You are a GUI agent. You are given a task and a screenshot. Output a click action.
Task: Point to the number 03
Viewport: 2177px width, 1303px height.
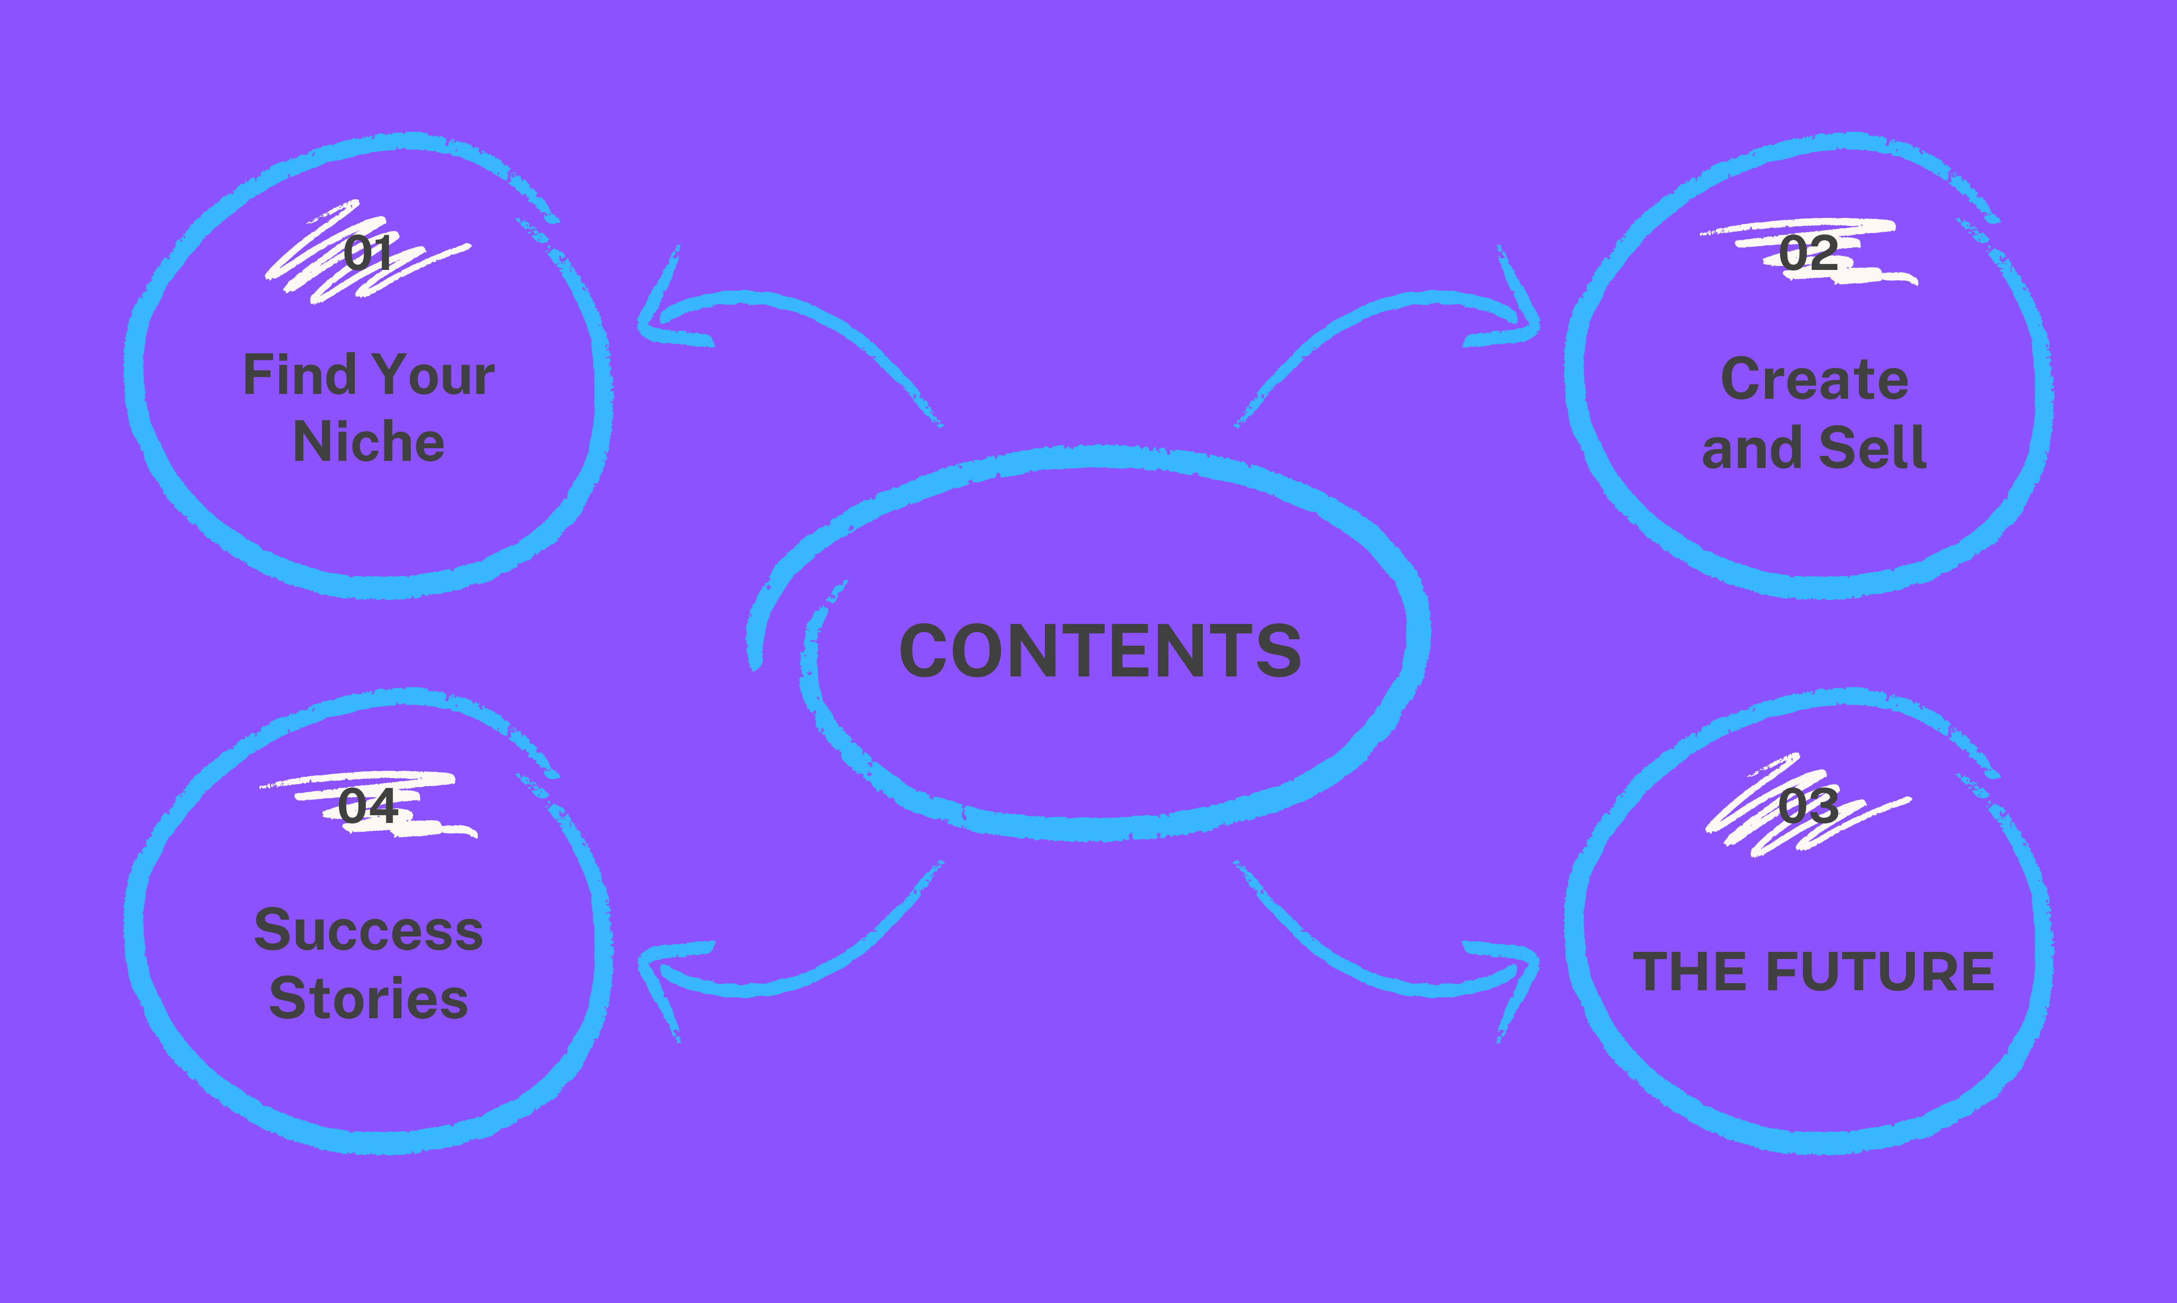click(1808, 805)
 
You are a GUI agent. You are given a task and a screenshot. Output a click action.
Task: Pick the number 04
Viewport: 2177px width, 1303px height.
click(368, 805)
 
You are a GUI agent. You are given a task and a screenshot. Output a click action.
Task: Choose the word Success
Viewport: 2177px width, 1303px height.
click(369, 930)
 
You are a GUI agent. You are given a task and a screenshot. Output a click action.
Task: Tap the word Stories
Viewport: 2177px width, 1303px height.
click(369, 999)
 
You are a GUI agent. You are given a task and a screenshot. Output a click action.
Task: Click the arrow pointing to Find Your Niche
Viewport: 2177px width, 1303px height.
click(772, 325)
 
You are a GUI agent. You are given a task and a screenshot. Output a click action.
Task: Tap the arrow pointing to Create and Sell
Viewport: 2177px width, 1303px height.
click(1405, 325)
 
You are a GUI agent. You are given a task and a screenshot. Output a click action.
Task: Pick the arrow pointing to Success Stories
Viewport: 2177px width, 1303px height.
click(772, 966)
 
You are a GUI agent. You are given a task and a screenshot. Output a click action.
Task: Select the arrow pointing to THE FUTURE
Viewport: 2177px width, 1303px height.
click(1405, 966)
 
